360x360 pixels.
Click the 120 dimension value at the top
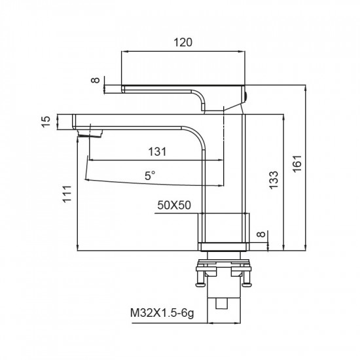pyautogui.click(x=184, y=43)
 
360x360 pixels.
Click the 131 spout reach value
pyautogui.click(x=156, y=151)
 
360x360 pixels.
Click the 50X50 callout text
pyautogui.click(x=173, y=206)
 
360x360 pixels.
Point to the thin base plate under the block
pyautogui.click(x=225, y=246)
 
